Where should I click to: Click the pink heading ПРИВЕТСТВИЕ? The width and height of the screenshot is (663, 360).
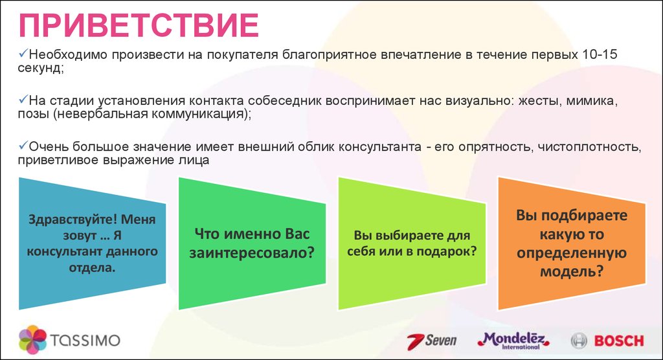point(139,25)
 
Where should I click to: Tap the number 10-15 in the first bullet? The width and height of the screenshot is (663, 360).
point(600,54)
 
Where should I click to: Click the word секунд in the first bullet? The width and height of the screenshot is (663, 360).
point(39,68)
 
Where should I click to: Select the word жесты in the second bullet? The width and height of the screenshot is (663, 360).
point(539,101)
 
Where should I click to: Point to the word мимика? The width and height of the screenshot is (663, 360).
point(592,101)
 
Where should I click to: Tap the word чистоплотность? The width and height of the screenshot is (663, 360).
point(589,147)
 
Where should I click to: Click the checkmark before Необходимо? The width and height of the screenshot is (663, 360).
point(23,54)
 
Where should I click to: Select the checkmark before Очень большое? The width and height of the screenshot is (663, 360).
point(23,146)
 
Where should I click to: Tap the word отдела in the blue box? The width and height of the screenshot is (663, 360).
point(92,268)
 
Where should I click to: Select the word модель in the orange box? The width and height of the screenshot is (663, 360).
point(571,271)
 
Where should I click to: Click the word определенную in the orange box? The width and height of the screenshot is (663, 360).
point(571,253)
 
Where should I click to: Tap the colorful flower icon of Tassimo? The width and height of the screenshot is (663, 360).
point(32,339)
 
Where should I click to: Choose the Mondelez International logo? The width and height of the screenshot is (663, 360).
point(513,341)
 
